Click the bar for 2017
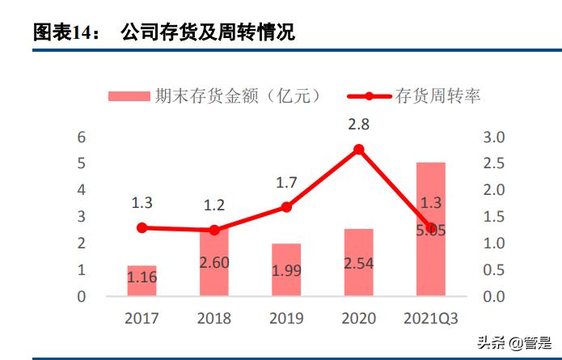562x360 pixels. click(x=142, y=280)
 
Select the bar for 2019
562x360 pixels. click(x=286, y=269)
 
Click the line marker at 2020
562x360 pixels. click(x=358, y=149)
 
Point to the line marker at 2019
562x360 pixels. click(x=286, y=207)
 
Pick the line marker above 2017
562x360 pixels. click(x=142, y=228)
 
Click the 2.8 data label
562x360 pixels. click(x=358, y=125)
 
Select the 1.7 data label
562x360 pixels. click(x=286, y=183)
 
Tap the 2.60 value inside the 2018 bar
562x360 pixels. click(x=214, y=262)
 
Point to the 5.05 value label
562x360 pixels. click(x=430, y=231)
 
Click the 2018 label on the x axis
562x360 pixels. click(x=214, y=318)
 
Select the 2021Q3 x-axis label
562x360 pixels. click(x=430, y=318)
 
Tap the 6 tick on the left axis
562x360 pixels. click(x=81, y=138)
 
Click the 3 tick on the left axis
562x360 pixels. click(x=81, y=217)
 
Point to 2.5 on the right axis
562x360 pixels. click(x=495, y=164)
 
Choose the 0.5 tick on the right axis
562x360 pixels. click(x=495, y=270)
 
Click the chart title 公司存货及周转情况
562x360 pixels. click(x=207, y=32)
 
